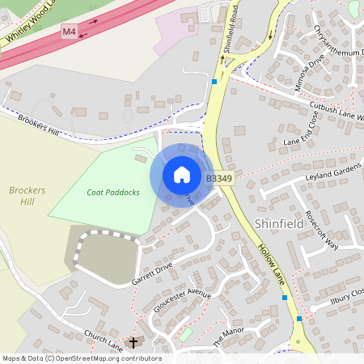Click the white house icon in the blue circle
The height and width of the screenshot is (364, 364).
182,174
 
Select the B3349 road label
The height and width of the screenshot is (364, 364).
218,178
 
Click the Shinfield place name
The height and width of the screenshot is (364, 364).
280,222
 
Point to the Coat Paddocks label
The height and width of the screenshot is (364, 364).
113,193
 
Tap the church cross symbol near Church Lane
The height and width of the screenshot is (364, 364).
133,343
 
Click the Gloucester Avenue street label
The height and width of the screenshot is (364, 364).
182,303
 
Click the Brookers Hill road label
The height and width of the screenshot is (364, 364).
41,125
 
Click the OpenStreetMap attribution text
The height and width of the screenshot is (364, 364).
81,358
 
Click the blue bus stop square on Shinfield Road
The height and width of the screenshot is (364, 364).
214,81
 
